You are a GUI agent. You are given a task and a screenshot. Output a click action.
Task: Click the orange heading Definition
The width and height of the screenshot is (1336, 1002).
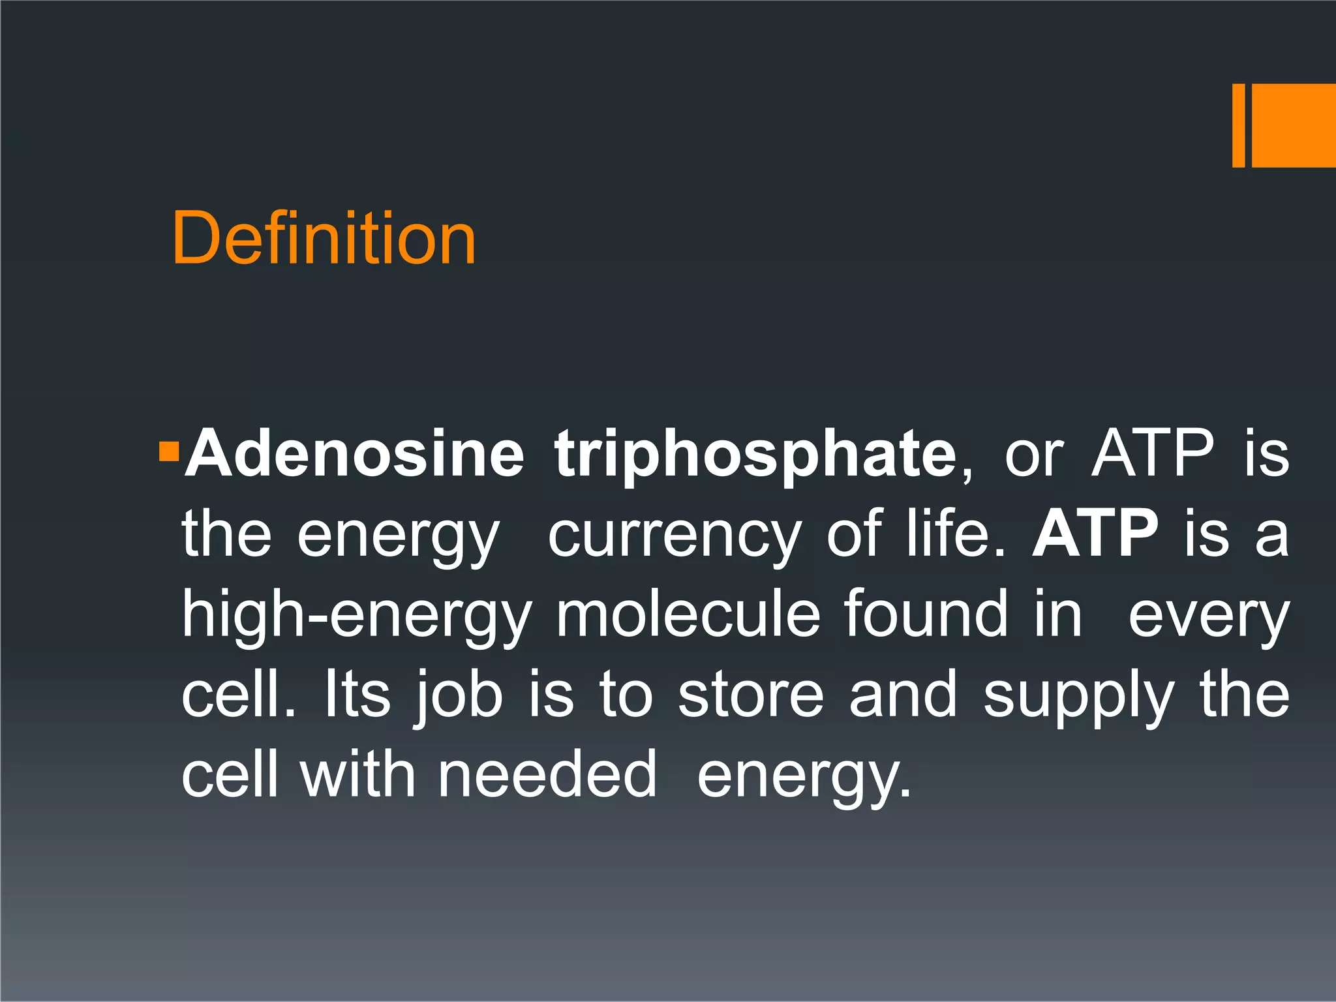324,239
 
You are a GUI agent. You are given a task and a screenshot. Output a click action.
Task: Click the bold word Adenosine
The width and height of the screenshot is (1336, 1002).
354,454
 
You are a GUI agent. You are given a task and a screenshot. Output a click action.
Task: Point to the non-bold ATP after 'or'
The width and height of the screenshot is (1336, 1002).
1153,454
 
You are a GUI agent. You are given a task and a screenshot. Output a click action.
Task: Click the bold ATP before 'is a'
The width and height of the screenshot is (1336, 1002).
1095,534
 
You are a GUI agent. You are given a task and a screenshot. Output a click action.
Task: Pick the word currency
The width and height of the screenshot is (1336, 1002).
675,536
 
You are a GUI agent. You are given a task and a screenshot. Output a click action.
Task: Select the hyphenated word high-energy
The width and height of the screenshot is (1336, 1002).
356,616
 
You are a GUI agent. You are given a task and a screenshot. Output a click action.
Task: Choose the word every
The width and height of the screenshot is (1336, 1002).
1208,616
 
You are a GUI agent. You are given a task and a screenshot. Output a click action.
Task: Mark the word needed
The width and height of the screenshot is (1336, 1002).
547,774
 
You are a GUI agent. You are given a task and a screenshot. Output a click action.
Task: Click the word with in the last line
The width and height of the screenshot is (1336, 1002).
357,774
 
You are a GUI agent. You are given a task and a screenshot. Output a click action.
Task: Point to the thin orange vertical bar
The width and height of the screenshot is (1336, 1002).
1238,126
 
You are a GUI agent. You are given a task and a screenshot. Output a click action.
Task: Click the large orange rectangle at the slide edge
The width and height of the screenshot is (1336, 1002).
1294,126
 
